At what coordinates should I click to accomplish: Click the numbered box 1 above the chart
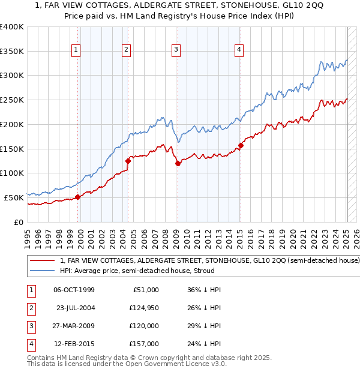tap(77, 50)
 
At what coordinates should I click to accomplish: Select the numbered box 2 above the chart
tap(127, 50)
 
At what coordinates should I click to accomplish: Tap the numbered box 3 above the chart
tap(176, 50)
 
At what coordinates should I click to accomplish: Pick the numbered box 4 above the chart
tap(239, 50)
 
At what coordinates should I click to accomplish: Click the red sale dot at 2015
tap(241, 145)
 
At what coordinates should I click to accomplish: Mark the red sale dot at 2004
tap(128, 161)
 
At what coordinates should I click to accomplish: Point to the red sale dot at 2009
tap(178, 163)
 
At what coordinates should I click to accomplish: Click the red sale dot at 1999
tap(78, 197)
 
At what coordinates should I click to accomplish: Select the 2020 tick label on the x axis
tap(292, 236)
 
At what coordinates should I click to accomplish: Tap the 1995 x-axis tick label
tap(27, 236)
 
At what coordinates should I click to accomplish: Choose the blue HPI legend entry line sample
tap(42, 271)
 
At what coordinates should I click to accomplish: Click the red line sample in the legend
tap(42, 261)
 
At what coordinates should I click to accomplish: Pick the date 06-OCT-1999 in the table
tap(74, 290)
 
